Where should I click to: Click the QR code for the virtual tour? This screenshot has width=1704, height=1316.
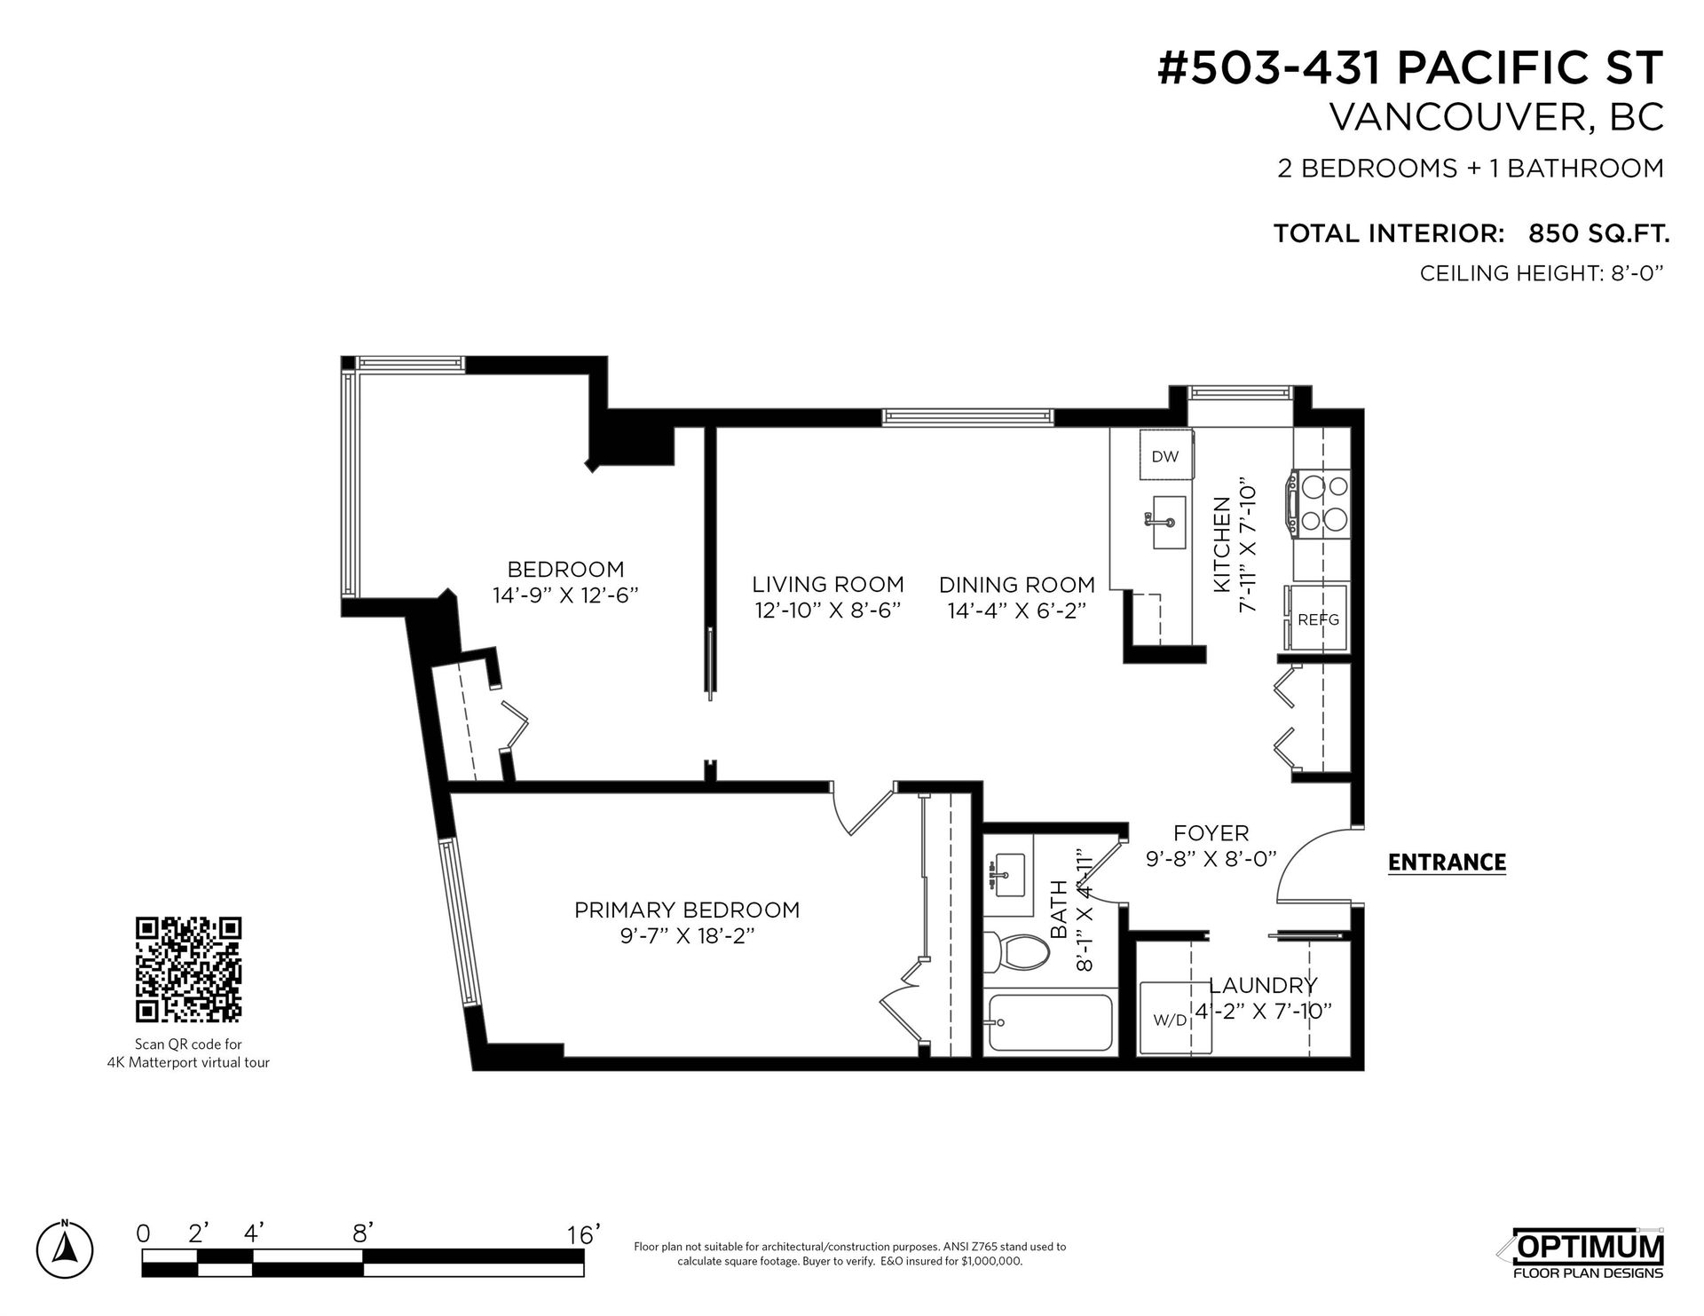188,969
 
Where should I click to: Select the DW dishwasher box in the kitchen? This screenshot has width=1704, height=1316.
1165,456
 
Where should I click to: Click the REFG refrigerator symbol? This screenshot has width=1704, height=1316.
1315,618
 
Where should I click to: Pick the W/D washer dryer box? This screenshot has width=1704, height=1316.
1169,1019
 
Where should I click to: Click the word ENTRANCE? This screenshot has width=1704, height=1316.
1447,863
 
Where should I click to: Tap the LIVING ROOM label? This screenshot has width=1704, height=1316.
828,585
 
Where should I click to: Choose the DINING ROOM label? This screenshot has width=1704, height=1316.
1017,585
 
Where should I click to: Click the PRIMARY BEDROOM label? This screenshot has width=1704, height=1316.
687,910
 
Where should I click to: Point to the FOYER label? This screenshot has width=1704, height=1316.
1211,833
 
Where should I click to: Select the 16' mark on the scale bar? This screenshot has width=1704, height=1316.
585,1234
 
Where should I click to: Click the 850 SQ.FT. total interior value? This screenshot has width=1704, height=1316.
1599,233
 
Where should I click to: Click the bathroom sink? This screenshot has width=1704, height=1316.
1009,871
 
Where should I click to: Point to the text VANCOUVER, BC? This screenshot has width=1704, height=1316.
1495,118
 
